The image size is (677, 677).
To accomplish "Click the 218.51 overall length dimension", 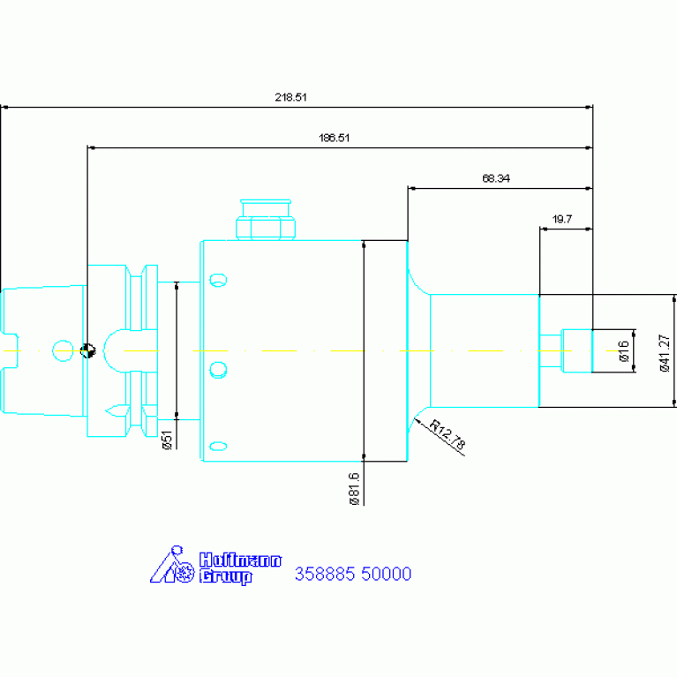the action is click(290, 97).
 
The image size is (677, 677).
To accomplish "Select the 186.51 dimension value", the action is click(334, 138).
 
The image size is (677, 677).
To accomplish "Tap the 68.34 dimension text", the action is click(496, 178).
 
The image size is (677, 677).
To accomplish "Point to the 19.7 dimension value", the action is click(561, 219).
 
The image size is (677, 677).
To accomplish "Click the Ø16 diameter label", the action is click(623, 350).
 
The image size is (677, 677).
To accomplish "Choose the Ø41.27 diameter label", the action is click(665, 353).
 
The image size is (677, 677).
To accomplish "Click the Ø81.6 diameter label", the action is click(354, 488).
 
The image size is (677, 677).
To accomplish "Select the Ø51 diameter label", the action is click(167, 440).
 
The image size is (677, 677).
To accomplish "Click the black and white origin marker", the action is click(87, 350).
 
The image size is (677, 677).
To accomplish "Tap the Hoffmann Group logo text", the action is click(240, 568).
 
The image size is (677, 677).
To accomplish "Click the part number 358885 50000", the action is click(353, 574).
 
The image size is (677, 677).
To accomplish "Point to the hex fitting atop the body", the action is click(266, 219).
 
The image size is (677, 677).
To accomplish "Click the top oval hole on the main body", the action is click(218, 280).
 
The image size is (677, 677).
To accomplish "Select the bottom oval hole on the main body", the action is click(218, 446).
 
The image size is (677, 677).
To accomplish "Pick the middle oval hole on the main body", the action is click(218, 370).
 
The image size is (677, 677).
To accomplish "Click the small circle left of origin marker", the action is click(63, 350).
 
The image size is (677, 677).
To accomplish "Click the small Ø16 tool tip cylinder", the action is click(576, 350).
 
